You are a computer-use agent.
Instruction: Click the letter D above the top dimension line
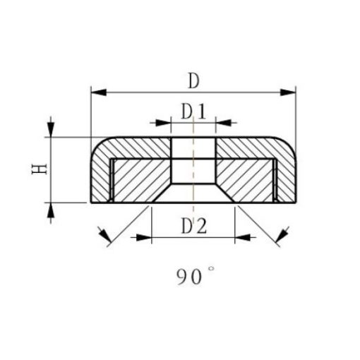193,80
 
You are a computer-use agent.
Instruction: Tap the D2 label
193,226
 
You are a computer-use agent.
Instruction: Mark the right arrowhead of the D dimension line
289,92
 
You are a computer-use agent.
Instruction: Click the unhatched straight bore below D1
193,159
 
